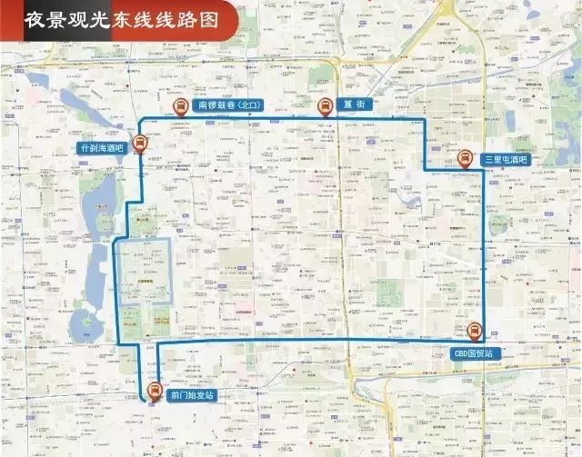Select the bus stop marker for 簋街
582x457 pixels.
tap(324, 105)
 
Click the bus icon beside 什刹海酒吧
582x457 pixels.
tap(139, 142)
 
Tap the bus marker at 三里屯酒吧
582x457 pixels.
tap(465, 157)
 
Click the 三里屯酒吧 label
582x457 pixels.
tap(505, 159)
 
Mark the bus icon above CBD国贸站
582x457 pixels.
tap(473, 332)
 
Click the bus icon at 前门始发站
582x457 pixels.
tap(155, 393)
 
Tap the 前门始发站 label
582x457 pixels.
tap(191, 397)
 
